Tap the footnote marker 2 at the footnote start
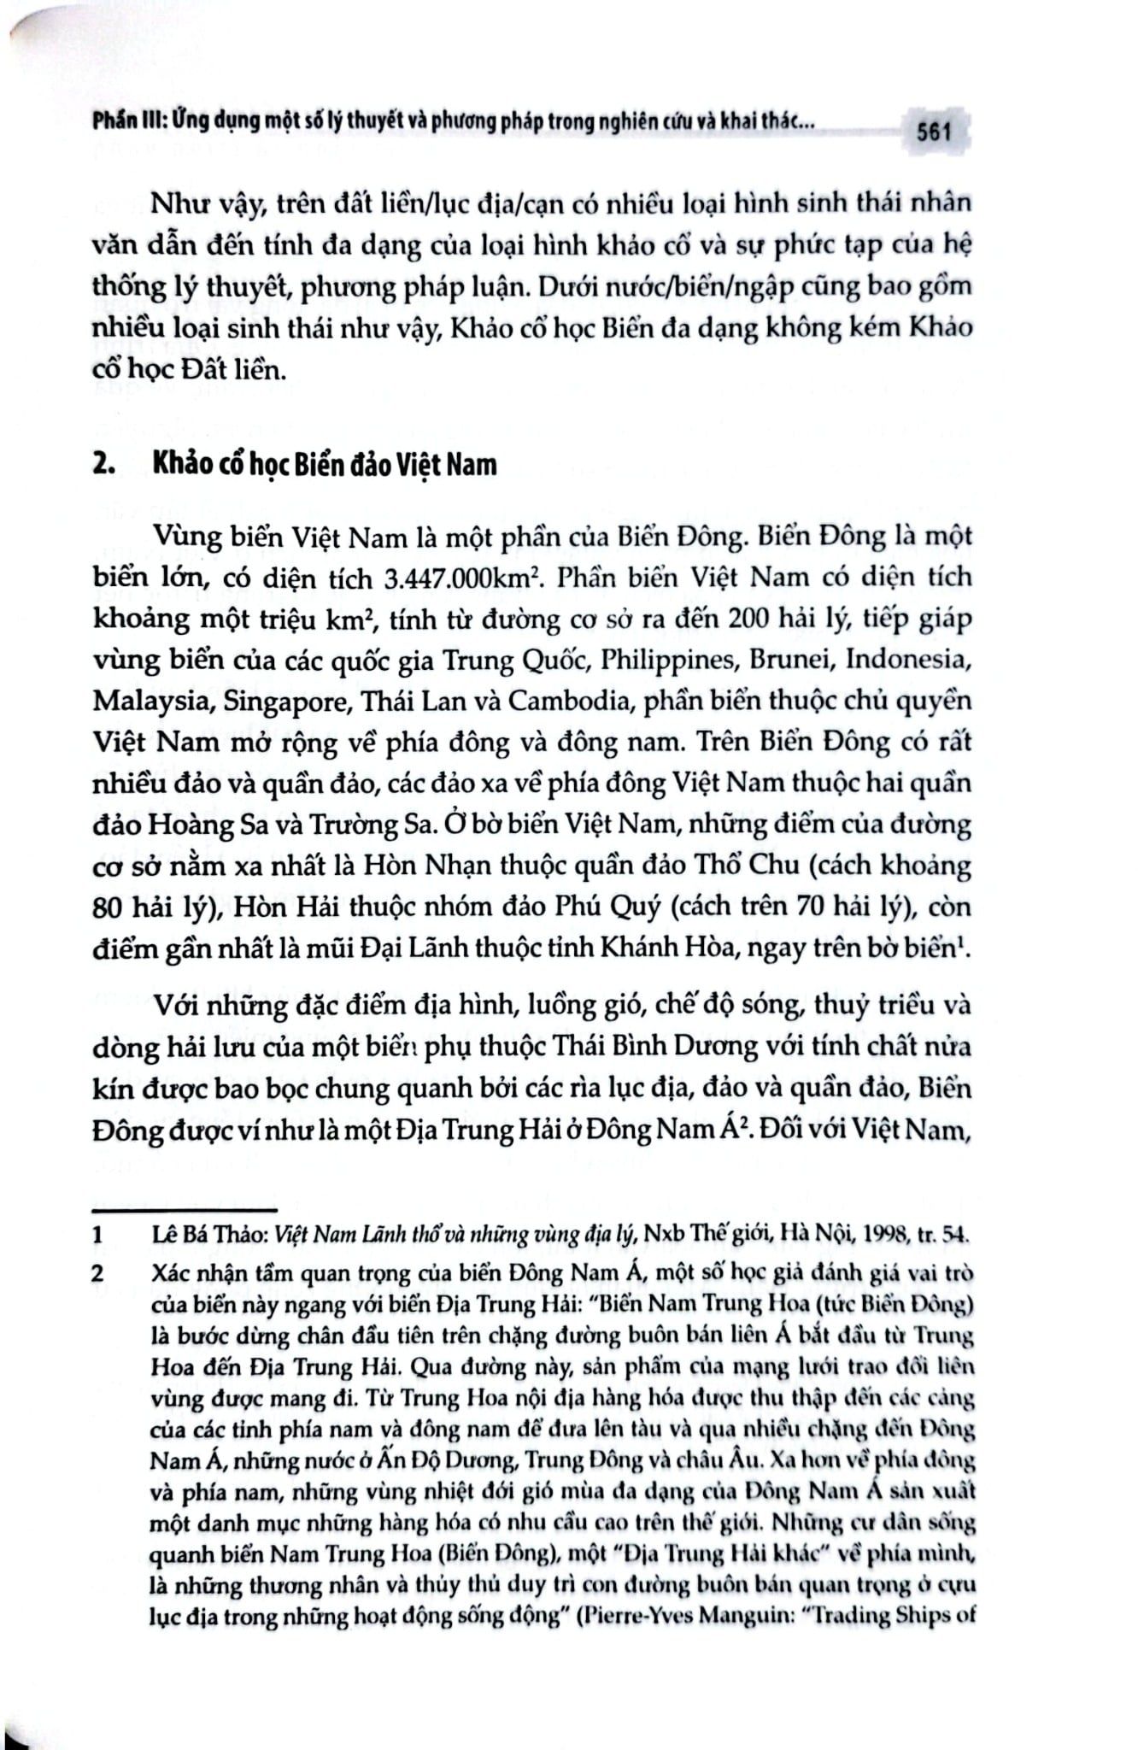pos(98,1273)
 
